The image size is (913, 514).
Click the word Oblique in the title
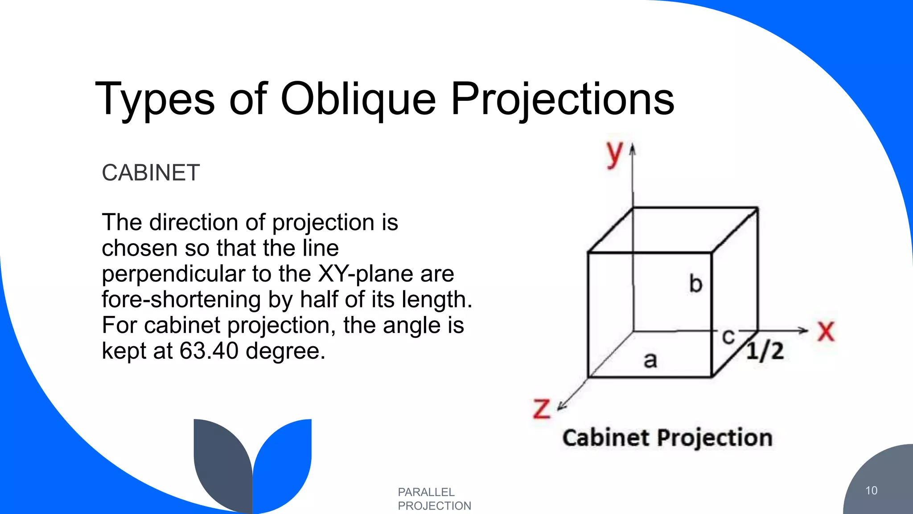point(358,99)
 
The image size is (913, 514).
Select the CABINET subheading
point(151,173)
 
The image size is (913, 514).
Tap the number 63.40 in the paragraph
point(209,351)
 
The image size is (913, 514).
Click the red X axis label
point(826,332)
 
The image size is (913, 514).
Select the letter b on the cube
point(695,284)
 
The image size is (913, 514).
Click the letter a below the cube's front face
point(650,360)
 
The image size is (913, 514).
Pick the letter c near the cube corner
point(728,336)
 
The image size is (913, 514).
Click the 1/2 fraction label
point(765,351)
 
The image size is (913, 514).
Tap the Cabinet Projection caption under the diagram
point(667,438)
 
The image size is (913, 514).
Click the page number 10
point(871,490)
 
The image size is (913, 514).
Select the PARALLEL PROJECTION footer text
point(434,499)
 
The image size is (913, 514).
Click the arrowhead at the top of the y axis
point(632,149)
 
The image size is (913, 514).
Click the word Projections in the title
point(563,99)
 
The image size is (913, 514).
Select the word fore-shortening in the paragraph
point(181,299)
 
